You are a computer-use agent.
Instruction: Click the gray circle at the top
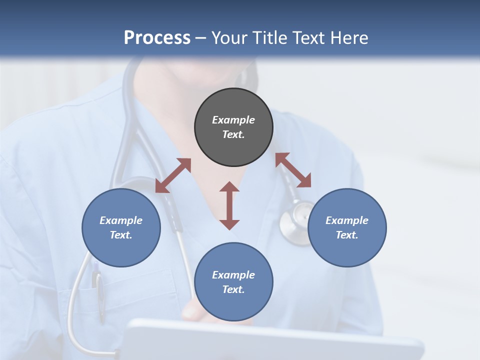click(x=233, y=127)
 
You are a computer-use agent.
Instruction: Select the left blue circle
click(x=121, y=227)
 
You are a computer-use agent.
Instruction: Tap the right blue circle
click(x=347, y=227)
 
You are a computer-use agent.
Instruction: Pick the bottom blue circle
click(x=233, y=282)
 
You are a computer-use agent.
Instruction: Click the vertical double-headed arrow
click(x=229, y=205)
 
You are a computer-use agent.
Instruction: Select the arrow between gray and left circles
click(x=173, y=175)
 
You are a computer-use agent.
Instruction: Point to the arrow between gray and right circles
click(x=293, y=170)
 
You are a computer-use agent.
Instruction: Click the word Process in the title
click(x=157, y=38)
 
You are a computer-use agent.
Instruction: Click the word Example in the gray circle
click(x=233, y=120)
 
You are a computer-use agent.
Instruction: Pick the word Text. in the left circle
click(x=121, y=235)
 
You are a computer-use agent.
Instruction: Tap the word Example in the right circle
click(x=347, y=220)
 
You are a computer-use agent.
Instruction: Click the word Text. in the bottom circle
click(x=233, y=289)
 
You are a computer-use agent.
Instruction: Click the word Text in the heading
click(x=307, y=38)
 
